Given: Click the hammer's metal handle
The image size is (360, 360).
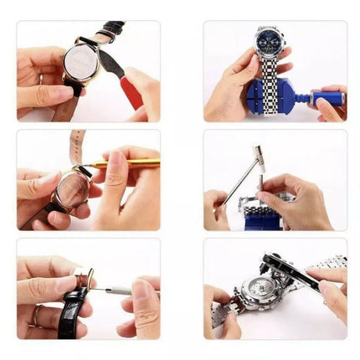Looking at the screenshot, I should point(241,182).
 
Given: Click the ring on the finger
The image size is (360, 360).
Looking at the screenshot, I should point(34,316).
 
